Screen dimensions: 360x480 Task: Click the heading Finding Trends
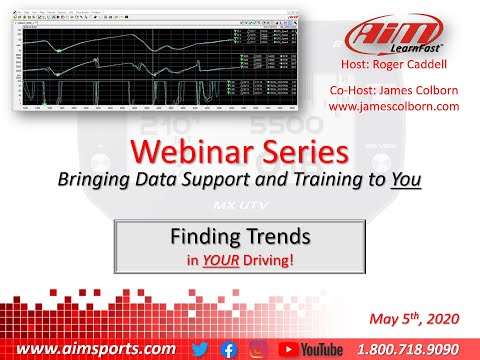pyautogui.click(x=239, y=241)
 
